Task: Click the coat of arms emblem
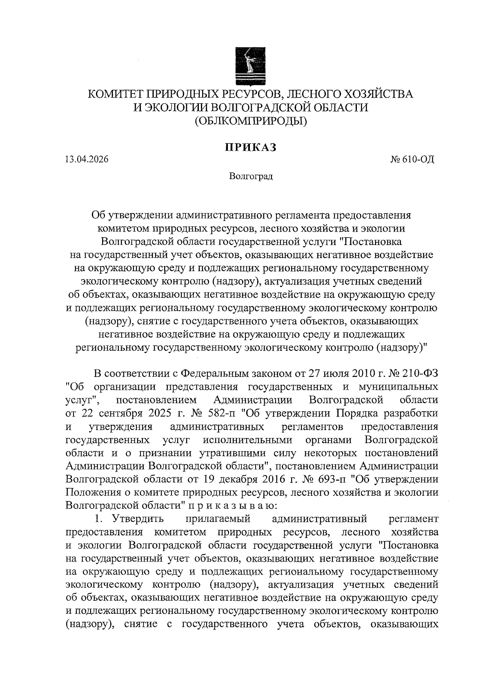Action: tap(250, 66)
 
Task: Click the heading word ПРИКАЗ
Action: tap(250, 147)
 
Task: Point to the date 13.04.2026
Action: tap(87, 160)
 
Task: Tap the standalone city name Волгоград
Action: tap(250, 176)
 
